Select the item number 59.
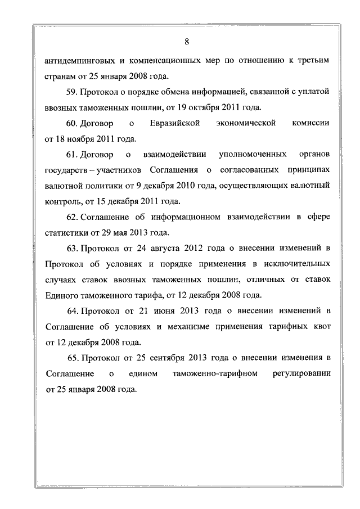[72, 91]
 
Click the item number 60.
[72, 123]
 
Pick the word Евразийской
[176, 123]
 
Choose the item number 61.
[72, 154]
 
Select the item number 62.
[72, 217]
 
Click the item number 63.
[72, 248]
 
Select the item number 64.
[72, 310]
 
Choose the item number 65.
[72, 358]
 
